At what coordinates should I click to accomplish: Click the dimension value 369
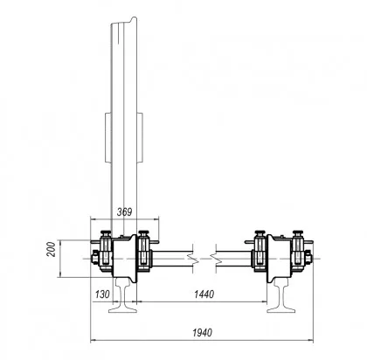coord(124,211)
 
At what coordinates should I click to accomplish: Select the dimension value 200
coord(52,249)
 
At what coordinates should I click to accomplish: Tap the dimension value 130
coord(102,294)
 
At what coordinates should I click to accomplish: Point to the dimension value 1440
coord(204,294)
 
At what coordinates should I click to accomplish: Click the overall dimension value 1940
coord(203,332)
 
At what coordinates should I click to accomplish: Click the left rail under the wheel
coord(123,294)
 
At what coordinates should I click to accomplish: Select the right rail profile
coord(281,294)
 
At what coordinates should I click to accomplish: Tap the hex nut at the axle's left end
coord(95,259)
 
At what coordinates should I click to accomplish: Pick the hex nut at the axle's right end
coord(308,259)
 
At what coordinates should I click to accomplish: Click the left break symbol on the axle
coord(192,259)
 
